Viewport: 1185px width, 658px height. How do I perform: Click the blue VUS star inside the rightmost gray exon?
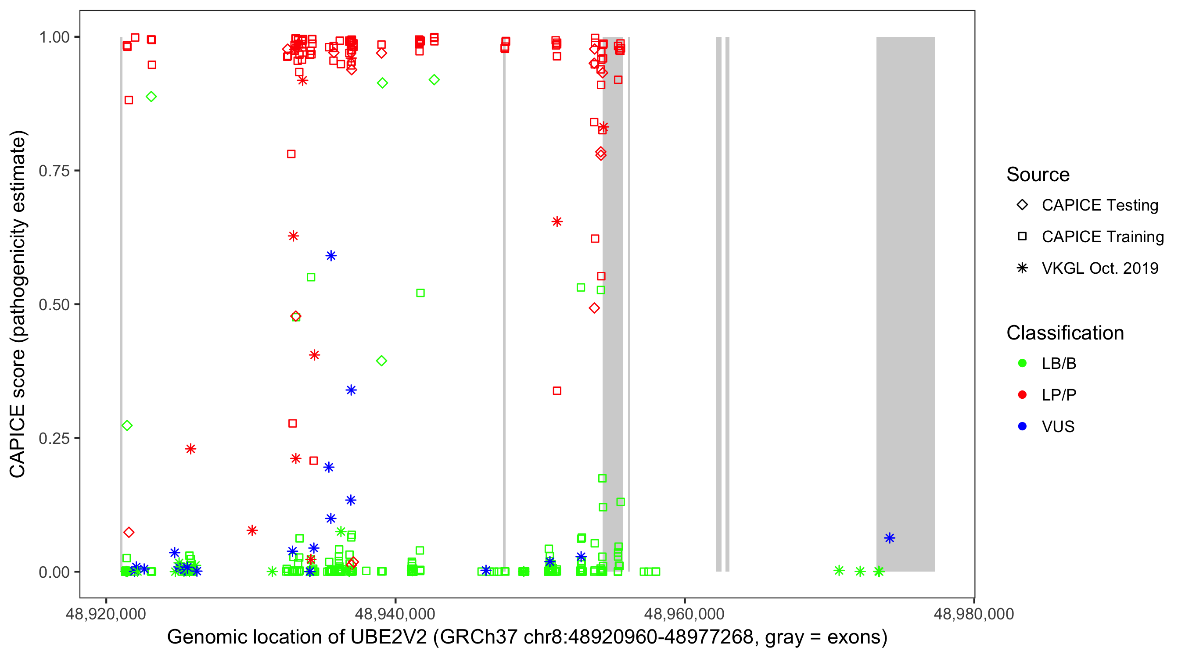(x=889, y=538)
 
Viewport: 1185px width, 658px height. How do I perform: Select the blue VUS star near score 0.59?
(x=331, y=256)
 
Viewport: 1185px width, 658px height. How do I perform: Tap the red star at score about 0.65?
(x=557, y=222)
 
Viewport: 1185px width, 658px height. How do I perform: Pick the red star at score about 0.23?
(x=190, y=449)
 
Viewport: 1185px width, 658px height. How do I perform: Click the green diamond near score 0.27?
(x=127, y=426)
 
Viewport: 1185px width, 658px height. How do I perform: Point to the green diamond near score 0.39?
(x=381, y=361)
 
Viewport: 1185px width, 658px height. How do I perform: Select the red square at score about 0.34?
(x=557, y=390)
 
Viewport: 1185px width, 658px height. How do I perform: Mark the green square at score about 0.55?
(x=311, y=277)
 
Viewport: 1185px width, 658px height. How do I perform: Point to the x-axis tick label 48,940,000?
(x=395, y=614)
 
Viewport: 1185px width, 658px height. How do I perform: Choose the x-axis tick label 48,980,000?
(x=973, y=614)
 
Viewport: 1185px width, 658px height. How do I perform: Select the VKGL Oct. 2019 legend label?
(x=1100, y=268)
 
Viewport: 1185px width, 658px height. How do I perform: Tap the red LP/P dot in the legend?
(x=1022, y=394)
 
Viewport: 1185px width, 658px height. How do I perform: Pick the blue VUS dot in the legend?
(x=1022, y=426)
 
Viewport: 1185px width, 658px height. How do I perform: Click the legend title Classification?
(x=1065, y=333)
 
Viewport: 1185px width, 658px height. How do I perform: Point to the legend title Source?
(x=1038, y=174)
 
